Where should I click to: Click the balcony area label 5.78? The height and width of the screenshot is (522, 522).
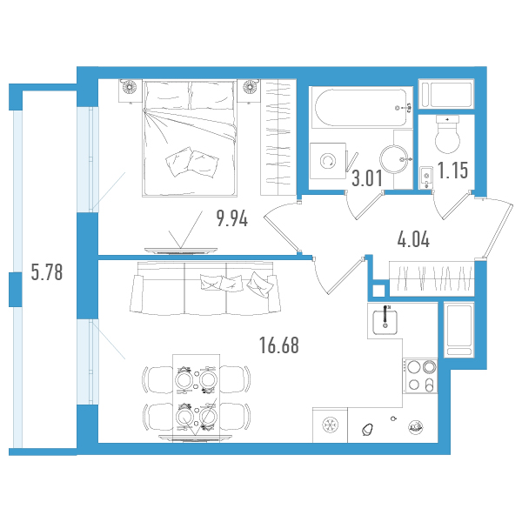pyautogui.click(x=47, y=272)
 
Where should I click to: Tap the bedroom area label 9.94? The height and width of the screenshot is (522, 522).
pyautogui.click(x=232, y=218)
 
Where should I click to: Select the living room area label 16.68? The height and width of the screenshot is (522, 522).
pyautogui.click(x=279, y=345)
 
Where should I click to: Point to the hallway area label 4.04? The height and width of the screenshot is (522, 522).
pyautogui.click(x=413, y=239)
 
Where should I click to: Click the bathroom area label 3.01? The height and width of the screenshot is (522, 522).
pyautogui.click(x=367, y=178)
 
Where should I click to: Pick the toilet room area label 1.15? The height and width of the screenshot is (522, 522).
pyautogui.click(x=452, y=171)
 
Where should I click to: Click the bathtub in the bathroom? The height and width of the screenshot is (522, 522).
pyautogui.click(x=361, y=108)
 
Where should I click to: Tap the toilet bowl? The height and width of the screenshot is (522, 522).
pyautogui.click(x=447, y=135)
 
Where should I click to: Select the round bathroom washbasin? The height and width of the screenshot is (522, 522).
pyautogui.click(x=395, y=159)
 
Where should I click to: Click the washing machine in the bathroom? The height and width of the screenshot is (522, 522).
pyautogui.click(x=328, y=161)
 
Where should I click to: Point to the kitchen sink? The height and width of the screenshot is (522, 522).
pyautogui.click(x=385, y=322)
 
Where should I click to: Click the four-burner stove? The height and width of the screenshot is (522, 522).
pyautogui.click(x=420, y=376)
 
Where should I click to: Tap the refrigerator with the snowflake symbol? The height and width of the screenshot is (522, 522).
pyautogui.click(x=330, y=425)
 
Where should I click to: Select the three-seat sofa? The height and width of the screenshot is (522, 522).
pyautogui.click(x=205, y=288)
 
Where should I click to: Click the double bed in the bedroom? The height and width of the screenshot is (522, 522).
pyautogui.click(x=190, y=138)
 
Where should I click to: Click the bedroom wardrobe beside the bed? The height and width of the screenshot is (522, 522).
pyautogui.click(x=278, y=137)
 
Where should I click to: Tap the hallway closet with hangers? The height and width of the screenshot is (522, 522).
pyautogui.click(x=432, y=278)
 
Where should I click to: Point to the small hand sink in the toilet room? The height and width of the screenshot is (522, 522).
pyautogui.click(x=426, y=177)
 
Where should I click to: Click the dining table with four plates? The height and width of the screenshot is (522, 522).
pyautogui.click(x=196, y=398)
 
